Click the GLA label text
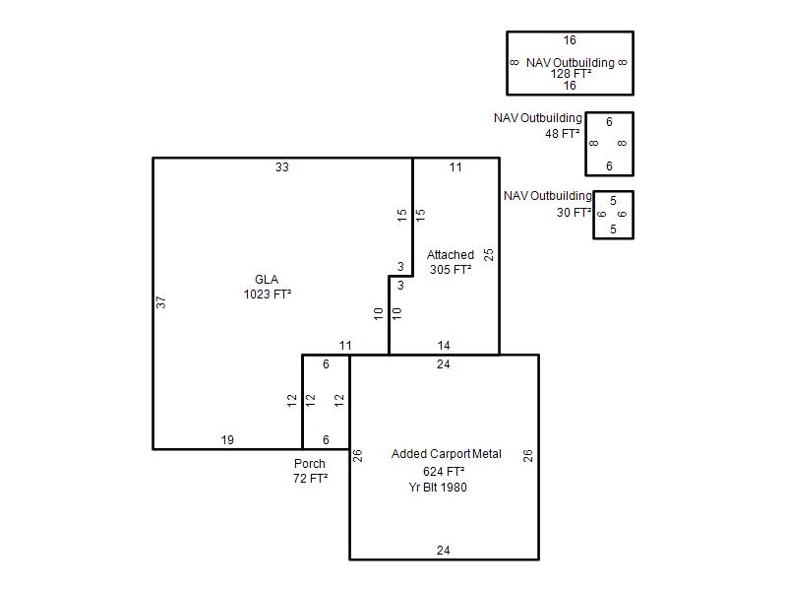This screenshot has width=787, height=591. [267, 280]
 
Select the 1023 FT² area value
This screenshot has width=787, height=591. [268, 294]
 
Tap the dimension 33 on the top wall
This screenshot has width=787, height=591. [282, 167]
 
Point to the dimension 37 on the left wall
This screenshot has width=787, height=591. [160, 302]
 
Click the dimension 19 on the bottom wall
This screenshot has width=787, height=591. [227, 439]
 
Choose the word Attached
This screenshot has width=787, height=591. [451, 255]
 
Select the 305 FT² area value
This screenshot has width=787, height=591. [451, 269]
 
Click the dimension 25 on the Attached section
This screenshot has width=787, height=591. [489, 255]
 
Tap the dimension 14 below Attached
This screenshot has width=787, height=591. [444, 346]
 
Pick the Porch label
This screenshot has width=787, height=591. [310, 463]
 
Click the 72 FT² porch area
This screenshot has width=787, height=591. [311, 478]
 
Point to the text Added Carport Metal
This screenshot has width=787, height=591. [447, 454]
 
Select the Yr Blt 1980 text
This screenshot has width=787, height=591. [438, 487]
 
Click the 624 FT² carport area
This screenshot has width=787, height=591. [444, 472]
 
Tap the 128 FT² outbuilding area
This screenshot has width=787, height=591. [571, 74]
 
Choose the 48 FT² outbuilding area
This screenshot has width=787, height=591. [563, 134]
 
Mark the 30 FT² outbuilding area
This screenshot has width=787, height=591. [575, 213]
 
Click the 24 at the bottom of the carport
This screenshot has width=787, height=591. [444, 551]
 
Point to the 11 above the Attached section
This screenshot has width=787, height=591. [455, 167]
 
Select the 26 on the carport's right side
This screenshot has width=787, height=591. [527, 456]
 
